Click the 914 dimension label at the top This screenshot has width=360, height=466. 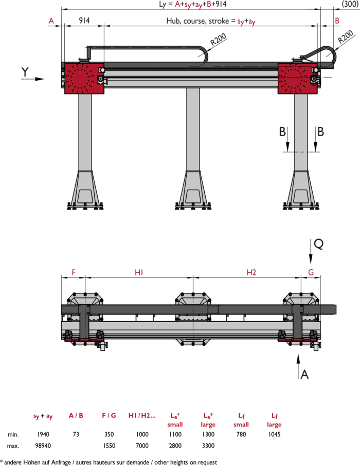[84, 21]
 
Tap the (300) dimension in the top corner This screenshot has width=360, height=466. [350, 4]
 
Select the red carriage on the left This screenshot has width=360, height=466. [84, 79]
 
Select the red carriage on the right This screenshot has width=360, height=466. [297, 79]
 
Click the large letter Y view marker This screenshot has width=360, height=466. [25, 72]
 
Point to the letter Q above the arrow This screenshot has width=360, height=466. [319, 244]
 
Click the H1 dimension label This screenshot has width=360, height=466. [139, 272]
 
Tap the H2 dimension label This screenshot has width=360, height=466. [251, 272]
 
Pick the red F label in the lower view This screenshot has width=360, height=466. [74, 272]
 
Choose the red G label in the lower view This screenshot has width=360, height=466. [311, 272]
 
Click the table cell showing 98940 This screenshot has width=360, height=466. [43, 445]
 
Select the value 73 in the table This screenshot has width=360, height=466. [76, 434]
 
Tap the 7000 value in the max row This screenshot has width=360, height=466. [142, 445]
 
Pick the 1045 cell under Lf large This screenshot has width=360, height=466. [274, 434]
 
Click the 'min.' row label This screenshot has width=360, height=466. [13, 435]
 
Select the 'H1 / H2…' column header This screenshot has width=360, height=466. [142, 416]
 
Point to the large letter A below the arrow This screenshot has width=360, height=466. [304, 375]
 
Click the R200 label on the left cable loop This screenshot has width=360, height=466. [219, 40]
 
